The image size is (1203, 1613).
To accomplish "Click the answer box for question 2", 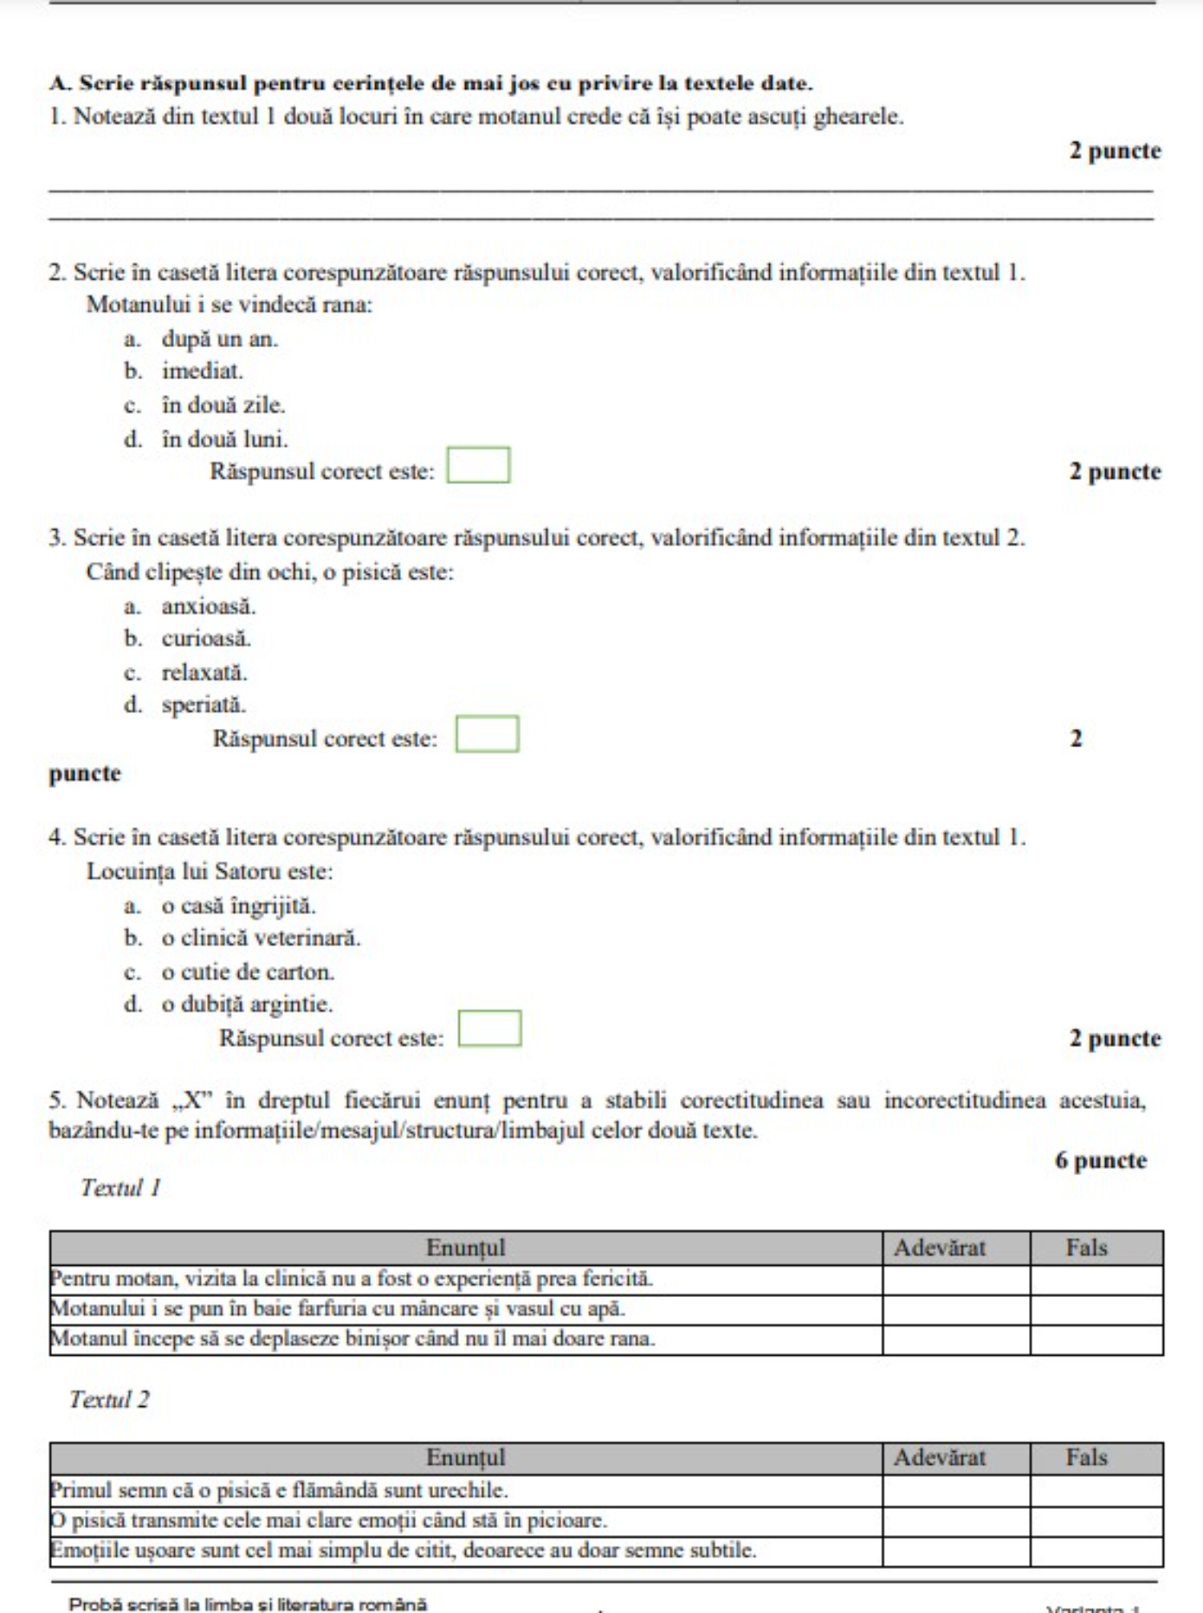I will click(478, 466).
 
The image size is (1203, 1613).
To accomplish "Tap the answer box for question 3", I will click(487, 734).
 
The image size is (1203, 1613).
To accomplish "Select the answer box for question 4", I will click(489, 1029).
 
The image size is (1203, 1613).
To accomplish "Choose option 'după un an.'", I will click(220, 339).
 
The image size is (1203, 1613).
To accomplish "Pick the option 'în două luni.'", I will click(225, 439).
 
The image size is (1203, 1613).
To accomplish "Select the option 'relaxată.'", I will click(205, 673).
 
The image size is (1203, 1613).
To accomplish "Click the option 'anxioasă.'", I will click(209, 607).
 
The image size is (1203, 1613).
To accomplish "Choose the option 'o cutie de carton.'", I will click(248, 972).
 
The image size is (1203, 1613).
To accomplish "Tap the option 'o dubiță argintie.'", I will click(247, 1005).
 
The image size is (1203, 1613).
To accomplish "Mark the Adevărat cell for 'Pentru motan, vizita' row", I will click(955, 1279).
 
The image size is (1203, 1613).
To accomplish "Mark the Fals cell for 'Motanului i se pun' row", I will click(1096, 1310).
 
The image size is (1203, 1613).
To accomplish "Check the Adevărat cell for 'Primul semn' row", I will click(955, 1491).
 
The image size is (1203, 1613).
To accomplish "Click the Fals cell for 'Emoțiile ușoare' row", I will click(1096, 1551).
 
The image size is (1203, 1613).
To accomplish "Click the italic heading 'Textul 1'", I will click(120, 1188).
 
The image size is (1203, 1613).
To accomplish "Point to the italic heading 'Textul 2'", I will click(109, 1400).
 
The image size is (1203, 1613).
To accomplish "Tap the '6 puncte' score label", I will click(1100, 1161).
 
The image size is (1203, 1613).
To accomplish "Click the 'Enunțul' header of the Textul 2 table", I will click(465, 1457).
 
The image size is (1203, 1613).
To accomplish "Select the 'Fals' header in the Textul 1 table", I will click(1087, 1248).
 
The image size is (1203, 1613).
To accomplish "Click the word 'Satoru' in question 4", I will click(248, 871).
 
